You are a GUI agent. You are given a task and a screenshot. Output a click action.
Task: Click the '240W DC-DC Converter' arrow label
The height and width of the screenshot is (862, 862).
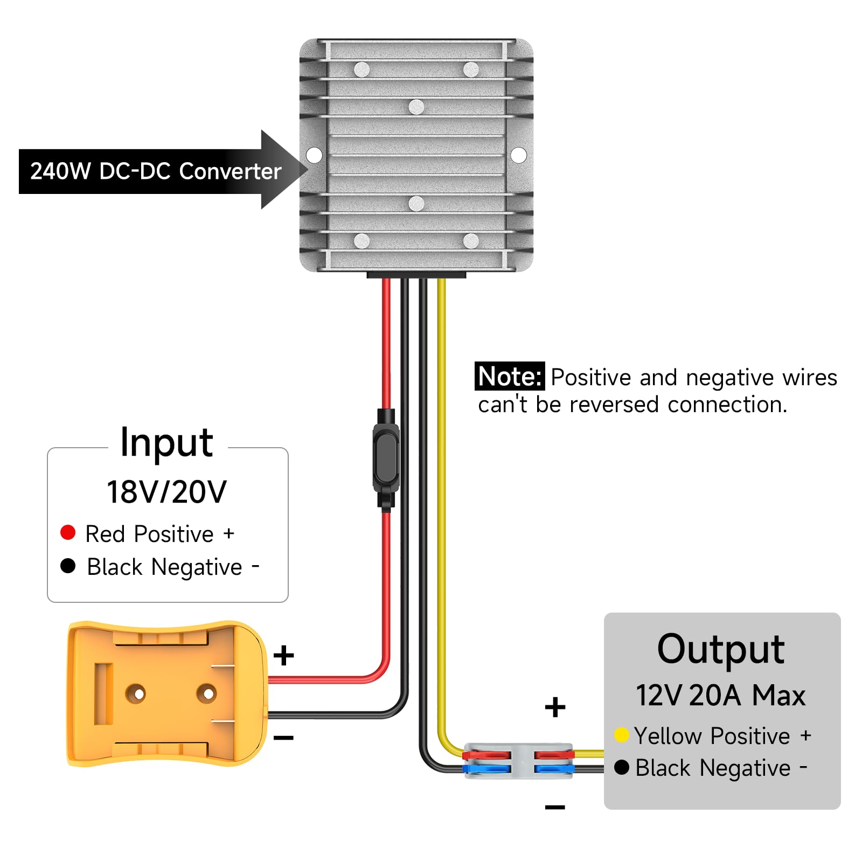tap(155, 171)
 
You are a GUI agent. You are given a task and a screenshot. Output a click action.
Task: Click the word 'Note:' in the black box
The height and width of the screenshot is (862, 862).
tap(509, 377)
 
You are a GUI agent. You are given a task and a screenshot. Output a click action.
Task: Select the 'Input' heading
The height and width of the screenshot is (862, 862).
tap(166, 443)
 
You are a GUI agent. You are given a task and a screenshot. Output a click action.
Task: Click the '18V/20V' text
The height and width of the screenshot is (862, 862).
tap(166, 491)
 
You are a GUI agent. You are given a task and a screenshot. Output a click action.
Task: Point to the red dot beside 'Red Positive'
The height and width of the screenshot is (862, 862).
tap(68, 532)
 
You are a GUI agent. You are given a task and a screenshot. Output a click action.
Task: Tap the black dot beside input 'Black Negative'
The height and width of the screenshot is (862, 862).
tap(68, 566)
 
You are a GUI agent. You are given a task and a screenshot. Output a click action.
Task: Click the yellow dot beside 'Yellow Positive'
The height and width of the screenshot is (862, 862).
tap(622, 735)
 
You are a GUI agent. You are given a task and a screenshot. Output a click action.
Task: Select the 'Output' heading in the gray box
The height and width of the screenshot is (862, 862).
tap(720, 649)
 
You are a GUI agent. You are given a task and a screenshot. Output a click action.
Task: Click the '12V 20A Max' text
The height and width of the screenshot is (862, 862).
tap(720, 695)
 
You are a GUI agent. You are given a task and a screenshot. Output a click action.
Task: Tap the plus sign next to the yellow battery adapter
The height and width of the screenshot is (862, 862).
tap(283, 656)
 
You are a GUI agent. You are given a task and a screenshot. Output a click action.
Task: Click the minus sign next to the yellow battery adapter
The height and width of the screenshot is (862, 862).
tap(283, 738)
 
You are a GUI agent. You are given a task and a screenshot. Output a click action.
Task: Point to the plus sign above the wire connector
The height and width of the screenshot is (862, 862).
tap(555, 707)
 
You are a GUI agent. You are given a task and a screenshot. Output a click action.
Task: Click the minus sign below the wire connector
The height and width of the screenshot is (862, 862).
tap(555, 807)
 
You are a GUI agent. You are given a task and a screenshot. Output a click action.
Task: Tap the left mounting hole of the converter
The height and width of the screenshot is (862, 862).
tap(314, 155)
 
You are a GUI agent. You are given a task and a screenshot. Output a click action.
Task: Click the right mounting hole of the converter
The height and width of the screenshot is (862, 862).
tap(518, 155)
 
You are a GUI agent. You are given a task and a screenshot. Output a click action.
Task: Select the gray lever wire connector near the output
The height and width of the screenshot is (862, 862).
tap(518, 761)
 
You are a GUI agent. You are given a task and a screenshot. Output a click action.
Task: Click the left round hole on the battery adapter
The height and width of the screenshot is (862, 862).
tap(135, 693)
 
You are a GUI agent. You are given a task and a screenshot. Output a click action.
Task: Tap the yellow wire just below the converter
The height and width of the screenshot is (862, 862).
tap(441, 312)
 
